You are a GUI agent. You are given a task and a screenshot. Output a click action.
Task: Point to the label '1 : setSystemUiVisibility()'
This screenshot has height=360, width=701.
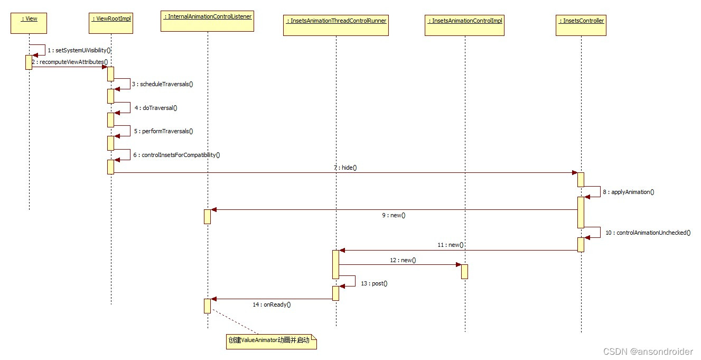tap(79, 50)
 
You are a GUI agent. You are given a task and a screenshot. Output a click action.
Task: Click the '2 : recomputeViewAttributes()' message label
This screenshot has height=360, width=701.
tap(70, 62)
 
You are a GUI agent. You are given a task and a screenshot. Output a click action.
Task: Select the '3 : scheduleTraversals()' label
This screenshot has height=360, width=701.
tap(163, 84)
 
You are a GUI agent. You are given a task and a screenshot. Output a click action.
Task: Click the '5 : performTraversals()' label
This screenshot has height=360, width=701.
tap(163, 131)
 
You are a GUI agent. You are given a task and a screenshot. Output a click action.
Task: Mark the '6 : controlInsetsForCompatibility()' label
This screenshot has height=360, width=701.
tap(176, 155)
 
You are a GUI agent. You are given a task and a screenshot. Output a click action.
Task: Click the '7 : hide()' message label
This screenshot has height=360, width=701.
tap(345, 168)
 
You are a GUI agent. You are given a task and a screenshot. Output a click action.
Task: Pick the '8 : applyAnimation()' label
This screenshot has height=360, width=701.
tap(628, 192)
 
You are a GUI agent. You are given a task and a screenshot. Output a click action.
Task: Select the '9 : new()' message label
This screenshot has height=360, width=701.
tap(394, 215)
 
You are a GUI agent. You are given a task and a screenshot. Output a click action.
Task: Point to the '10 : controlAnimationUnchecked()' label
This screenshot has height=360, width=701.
tap(648, 233)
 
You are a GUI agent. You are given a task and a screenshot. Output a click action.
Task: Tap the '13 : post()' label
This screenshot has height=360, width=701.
tap(374, 283)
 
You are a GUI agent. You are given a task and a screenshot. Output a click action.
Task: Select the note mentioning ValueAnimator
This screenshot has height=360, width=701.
tap(270, 341)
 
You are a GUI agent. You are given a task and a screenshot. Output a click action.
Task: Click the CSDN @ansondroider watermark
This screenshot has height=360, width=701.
tap(647, 352)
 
